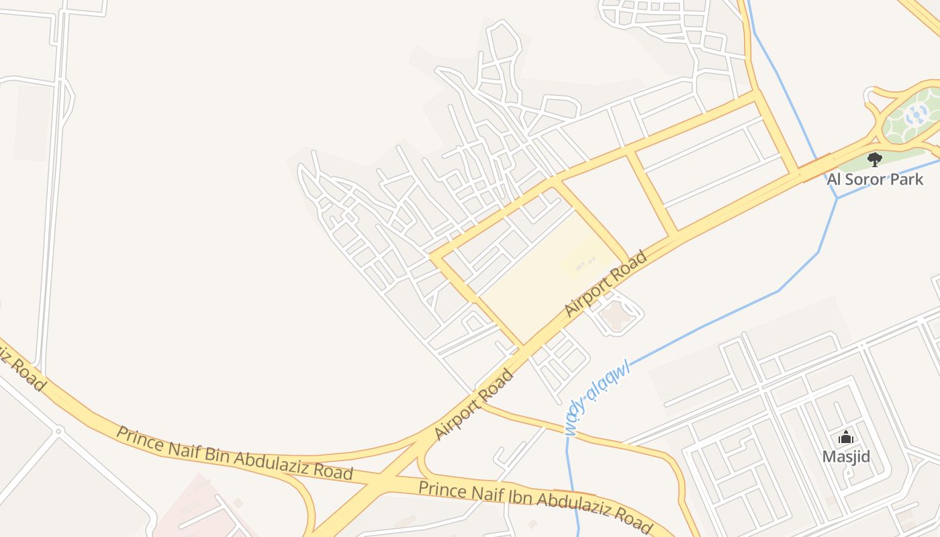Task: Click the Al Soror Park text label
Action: [874, 179]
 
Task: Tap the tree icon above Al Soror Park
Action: [874, 160]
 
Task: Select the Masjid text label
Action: [846, 457]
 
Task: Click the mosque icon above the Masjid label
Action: [846, 438]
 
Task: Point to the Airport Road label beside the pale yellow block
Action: [606, 284]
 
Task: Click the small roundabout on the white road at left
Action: [58, 430]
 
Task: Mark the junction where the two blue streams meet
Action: [837, 199]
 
